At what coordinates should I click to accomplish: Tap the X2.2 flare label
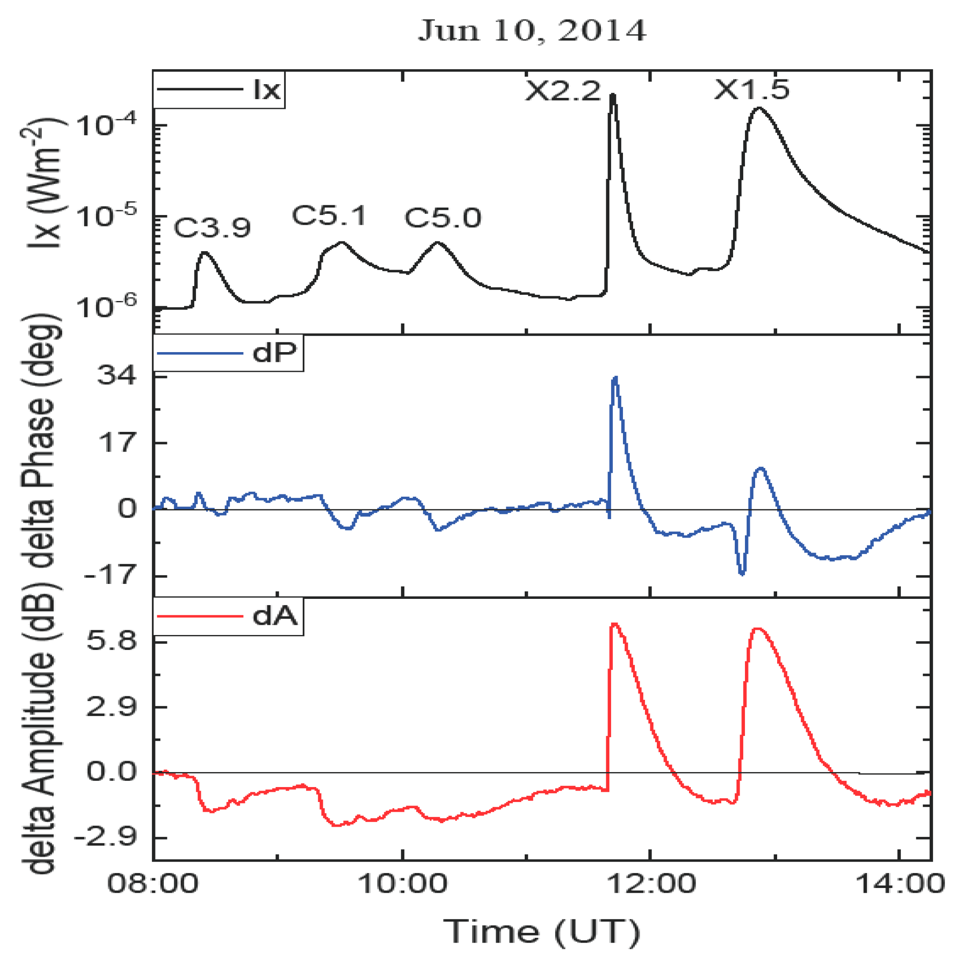[562, 92]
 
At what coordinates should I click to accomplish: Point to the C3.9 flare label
[212, 228]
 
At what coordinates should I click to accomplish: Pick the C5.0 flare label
[442, 218]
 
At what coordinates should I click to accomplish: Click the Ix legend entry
[219, 89]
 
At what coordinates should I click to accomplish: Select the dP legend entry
[228, 353]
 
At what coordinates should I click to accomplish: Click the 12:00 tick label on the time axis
[651, 884]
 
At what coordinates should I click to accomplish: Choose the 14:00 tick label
[900, 884]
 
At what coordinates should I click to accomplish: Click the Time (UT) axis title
[541, 932]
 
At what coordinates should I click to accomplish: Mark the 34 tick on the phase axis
[116, 375]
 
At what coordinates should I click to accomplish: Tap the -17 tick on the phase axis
[111, 576]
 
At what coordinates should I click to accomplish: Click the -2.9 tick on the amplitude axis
[106, 837]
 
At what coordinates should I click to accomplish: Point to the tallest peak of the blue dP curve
[615, 378]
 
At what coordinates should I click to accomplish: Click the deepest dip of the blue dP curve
[742, 573]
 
